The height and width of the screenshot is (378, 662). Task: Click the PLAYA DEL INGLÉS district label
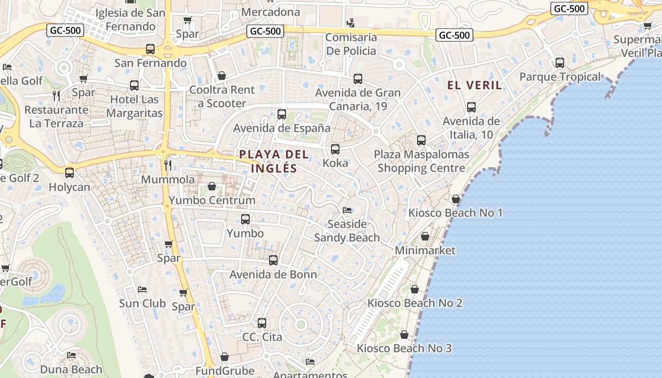(274, 161)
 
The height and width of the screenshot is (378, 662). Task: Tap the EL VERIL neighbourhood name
(474, 85)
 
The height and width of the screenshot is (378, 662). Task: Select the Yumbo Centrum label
(212, 200)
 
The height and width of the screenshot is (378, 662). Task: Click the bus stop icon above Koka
(335, 149)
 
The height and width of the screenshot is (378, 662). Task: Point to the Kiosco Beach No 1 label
(455, 213)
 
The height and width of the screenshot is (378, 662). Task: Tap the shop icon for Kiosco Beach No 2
(415, 289)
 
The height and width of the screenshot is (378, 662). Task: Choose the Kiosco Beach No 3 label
(404, 349)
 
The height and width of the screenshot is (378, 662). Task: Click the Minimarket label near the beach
(425, 250)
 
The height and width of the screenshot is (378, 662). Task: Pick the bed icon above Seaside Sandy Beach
(347, 210)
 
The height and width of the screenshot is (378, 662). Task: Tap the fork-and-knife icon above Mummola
(168, 165)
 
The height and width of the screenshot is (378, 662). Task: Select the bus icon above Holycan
(70, 173)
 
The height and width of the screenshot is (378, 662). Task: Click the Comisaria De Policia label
(351, 44)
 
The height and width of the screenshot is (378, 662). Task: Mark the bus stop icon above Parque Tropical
(560, 62)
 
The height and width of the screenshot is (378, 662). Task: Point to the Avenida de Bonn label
(273, 275)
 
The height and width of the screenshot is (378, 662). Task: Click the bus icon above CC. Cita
(262, 323)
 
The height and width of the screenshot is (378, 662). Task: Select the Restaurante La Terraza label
(56, 117)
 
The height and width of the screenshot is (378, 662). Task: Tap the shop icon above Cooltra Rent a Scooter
(222, 76)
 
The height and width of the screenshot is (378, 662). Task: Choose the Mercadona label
(270, 12)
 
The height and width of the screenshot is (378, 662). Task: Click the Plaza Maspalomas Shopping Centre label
(421, 161)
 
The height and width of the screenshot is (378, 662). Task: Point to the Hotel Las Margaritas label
(134, 106)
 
